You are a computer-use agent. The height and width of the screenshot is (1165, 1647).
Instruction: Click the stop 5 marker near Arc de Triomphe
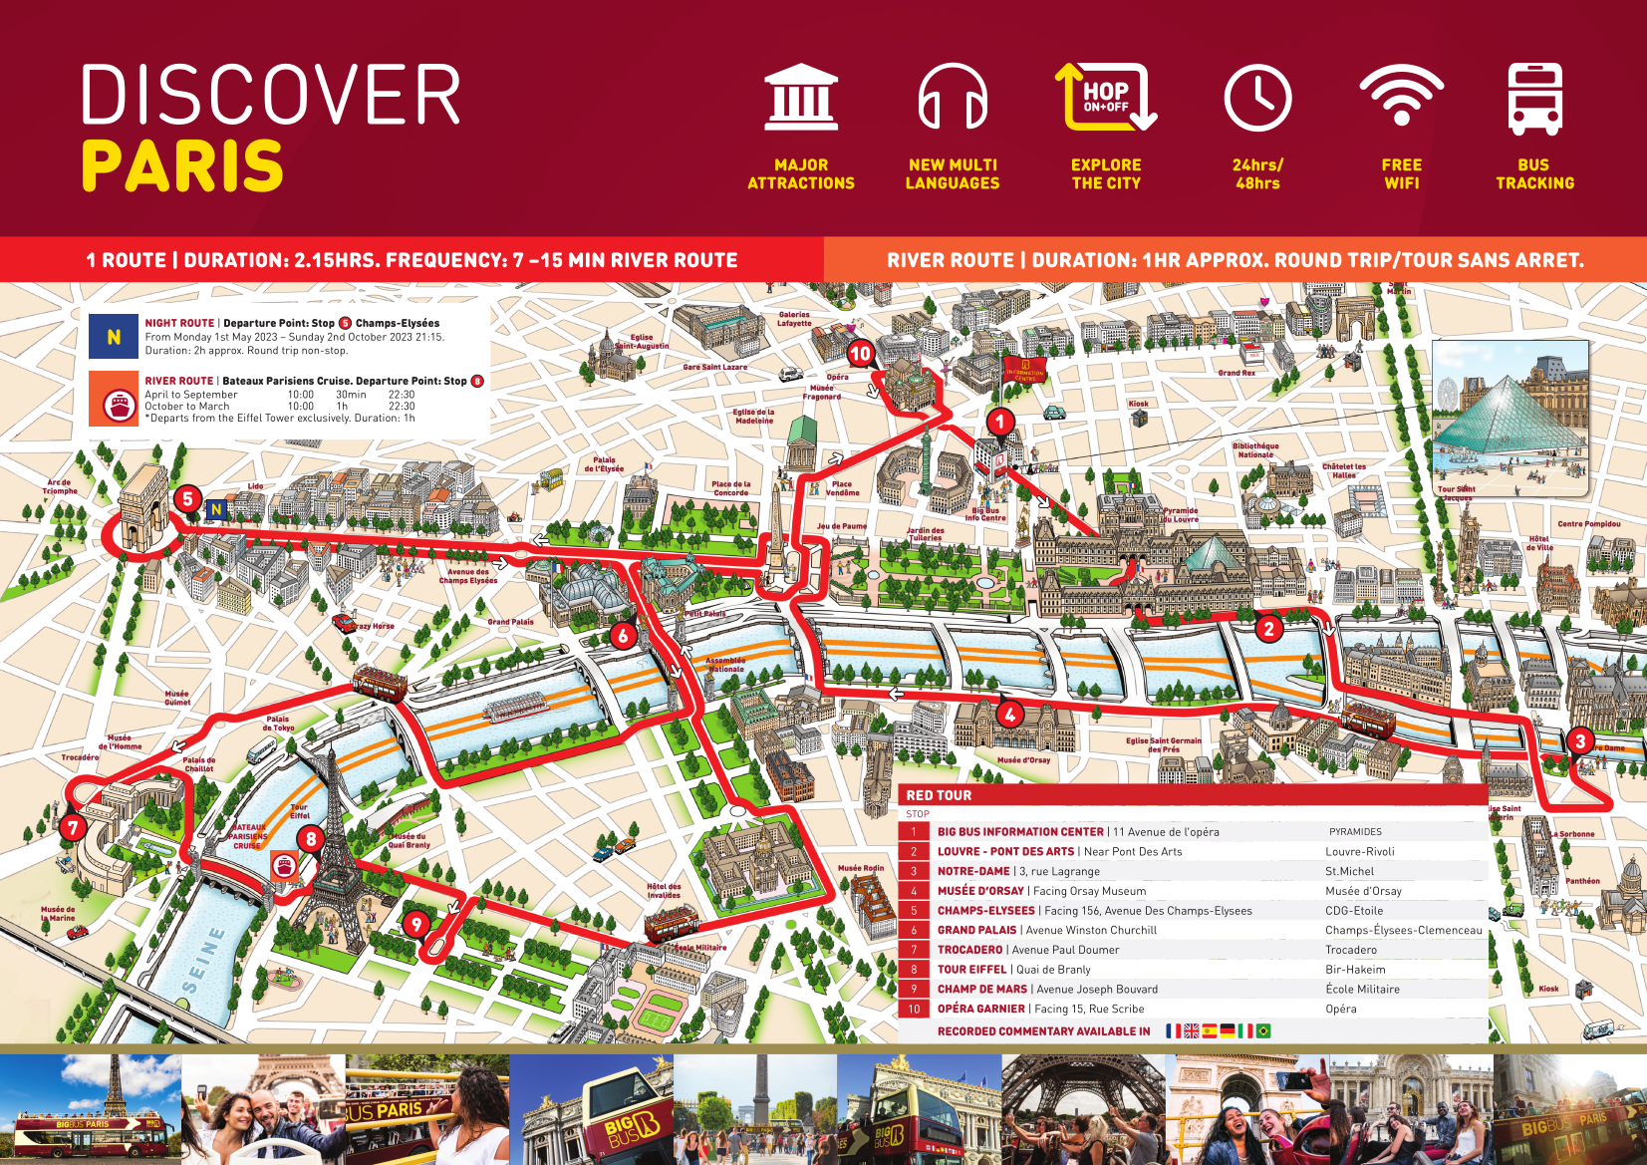187,499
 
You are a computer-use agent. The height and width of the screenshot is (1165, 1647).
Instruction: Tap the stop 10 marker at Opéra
860,353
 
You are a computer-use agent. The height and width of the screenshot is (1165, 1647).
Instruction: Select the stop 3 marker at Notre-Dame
1579,740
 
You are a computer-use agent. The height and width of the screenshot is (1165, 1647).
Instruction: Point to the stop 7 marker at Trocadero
72,827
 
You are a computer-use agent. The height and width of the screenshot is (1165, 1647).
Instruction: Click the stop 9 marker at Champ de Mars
416,924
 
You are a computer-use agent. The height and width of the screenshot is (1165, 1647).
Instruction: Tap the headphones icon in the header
953,98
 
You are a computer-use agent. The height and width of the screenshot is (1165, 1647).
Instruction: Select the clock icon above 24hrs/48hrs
1257,98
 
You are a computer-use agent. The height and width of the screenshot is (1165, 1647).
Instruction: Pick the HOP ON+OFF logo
1106,98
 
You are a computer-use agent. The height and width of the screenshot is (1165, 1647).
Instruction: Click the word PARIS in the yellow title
183,165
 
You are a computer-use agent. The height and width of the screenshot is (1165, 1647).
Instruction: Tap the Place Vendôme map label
842,488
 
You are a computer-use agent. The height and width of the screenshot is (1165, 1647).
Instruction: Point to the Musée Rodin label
861,868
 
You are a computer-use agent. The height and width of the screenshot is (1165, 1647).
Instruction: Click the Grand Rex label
1236,373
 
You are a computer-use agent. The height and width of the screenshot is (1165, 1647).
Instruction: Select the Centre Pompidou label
1588,523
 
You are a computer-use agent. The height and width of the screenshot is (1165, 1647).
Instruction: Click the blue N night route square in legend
114,337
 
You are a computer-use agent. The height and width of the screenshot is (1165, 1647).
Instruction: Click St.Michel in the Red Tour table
1349,871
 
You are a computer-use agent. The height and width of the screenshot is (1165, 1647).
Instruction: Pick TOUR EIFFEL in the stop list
971,970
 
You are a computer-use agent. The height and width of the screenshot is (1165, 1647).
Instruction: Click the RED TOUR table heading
939,795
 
